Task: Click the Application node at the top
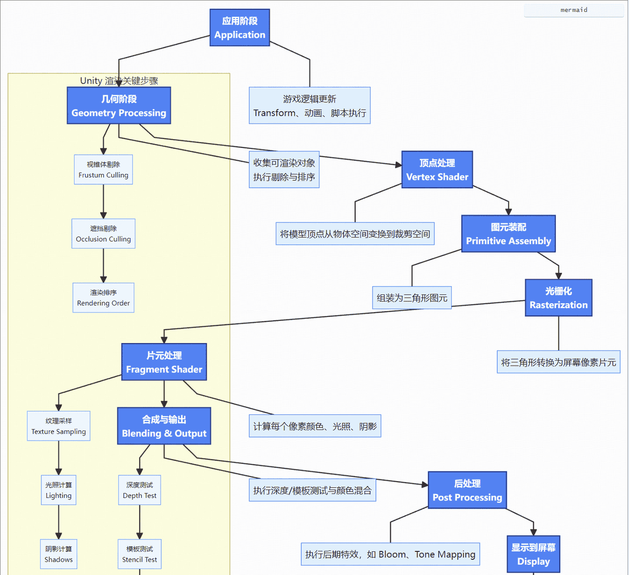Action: (x=240, y=28)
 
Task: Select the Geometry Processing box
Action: (x=119, y=106)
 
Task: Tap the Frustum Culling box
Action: (x=103, y=170)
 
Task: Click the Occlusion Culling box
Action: (x=103, y=233)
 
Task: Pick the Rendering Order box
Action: (x=103, y=298)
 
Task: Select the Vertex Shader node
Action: (x=437, y=170)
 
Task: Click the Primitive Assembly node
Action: (x=508, y=234)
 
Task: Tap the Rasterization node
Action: (x=558, y=298)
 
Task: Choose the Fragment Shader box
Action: (x=164, y=362)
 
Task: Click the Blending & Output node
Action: (x=164, y=426)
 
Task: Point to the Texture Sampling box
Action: (x=58, y=426)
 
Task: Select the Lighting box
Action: (x=58, y=490)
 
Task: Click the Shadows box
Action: (x=58, y=554)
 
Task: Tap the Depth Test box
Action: (x=140, y=490)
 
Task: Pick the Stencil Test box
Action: (x=140, y=554)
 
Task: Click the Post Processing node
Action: (x=467, y=490)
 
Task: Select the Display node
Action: (x=533, y=554)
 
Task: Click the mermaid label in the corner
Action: (x=573, y=10)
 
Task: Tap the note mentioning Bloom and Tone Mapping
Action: (x=390, y=554)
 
